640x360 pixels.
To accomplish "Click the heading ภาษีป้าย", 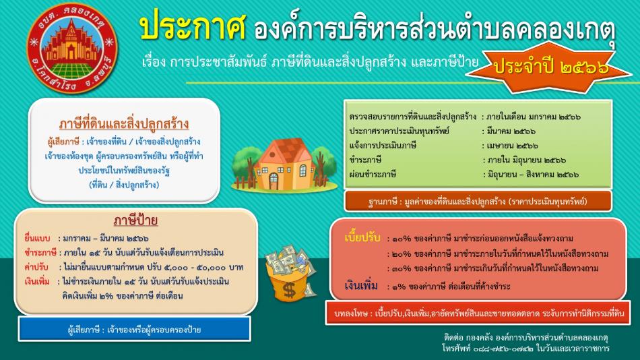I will [135, 220].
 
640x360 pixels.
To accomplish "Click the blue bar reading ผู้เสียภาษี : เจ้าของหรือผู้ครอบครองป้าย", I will [134, 330].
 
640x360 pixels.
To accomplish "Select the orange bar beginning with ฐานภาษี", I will [478, 201].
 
